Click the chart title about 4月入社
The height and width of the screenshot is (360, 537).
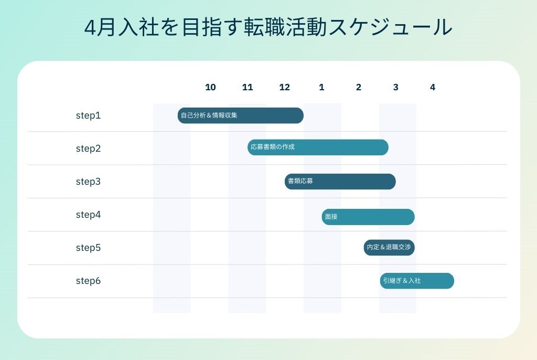pos(268,27)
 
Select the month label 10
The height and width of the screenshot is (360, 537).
pos(210,87)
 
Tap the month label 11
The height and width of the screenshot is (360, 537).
pos(248,87)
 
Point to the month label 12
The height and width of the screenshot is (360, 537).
pos(284,87)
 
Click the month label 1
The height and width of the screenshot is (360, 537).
pos(321,87)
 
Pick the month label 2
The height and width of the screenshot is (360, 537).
pos(359,87)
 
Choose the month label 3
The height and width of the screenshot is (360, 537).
pos(395,87)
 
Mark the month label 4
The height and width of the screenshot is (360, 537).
pos(433,87)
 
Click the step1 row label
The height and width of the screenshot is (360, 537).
pos(88,115)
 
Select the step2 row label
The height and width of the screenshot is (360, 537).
pos(88,149)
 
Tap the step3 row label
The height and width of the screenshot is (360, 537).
pos(88,182)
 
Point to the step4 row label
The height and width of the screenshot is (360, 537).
pos(88,215)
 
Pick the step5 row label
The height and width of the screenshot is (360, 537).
pos(88,248)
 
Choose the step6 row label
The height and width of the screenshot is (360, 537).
pos(88,281)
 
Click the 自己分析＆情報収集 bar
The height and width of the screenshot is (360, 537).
pos(241,115)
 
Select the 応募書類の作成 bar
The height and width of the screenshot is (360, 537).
pos(318,147)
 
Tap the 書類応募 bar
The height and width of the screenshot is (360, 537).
pos(340,182)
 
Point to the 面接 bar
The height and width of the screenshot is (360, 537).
pos(368,217)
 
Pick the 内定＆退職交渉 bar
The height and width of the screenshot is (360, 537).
pos(389,248)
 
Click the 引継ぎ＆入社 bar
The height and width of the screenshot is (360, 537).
pos(417,281)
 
